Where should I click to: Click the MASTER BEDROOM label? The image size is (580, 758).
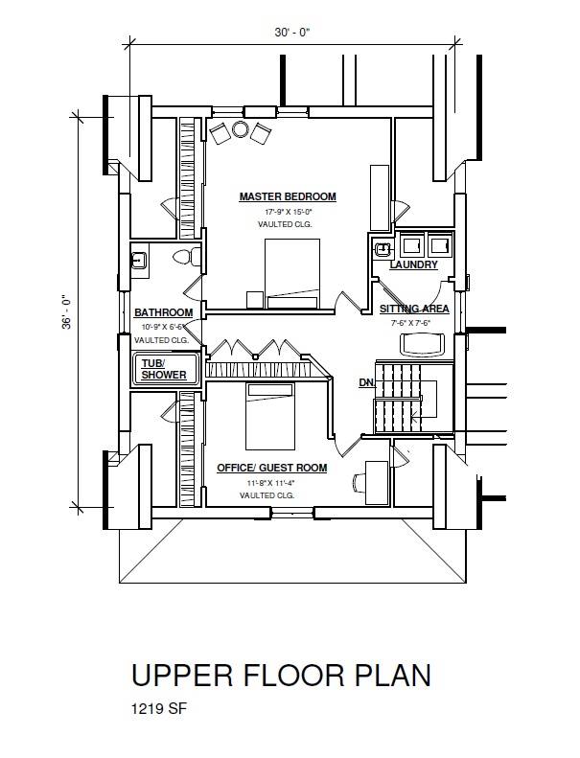click(288, 196)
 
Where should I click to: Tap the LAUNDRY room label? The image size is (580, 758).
click(413, 264)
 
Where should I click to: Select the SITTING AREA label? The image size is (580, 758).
click(414, 309)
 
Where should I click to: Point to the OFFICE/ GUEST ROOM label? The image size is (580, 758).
click(272, 468)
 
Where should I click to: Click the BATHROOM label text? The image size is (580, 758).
click(164, 312)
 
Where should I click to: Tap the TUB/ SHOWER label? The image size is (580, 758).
click(164, 369)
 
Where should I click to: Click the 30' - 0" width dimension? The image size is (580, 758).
click(292, 33)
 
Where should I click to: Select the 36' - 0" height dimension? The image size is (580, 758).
click(66, 312)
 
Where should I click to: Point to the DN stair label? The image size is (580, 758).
click(366, 383)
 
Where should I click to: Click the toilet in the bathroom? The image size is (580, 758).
click(186, 257)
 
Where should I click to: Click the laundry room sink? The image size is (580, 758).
click(383, 248)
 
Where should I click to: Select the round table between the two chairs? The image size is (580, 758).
click(240, 129)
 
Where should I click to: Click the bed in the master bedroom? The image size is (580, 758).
click(292, 274)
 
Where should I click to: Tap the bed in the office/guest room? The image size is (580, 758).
click(270, 417)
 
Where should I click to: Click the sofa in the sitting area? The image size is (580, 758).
click(422, 344)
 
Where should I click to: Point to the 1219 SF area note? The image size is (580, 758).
click(159, 709)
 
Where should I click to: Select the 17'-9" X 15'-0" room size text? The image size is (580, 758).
click(289, 212)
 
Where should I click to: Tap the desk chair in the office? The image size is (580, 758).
click(360, 482)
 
